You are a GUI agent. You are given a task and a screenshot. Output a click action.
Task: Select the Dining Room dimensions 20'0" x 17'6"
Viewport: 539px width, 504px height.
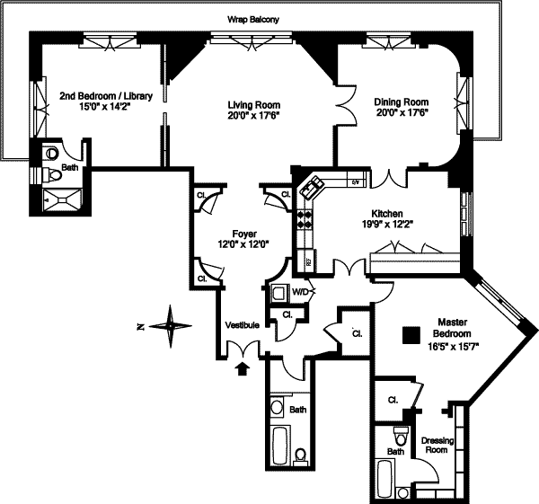[401, 112]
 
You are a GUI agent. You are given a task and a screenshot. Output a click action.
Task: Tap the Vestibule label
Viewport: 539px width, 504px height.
[242, 325]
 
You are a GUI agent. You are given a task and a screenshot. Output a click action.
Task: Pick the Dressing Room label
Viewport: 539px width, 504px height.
[435, 445]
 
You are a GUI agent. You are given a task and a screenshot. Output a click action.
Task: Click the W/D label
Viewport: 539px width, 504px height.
[302, 292]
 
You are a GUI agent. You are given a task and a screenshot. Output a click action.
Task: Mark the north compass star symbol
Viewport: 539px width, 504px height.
[169, 324]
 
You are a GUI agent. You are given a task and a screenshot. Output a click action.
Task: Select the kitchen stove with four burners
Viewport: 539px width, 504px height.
[305, 217]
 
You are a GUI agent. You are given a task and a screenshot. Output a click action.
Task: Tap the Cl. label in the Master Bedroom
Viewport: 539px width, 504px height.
[393, 400]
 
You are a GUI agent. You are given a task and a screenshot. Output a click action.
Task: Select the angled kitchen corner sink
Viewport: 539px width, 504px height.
[315, 187]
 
